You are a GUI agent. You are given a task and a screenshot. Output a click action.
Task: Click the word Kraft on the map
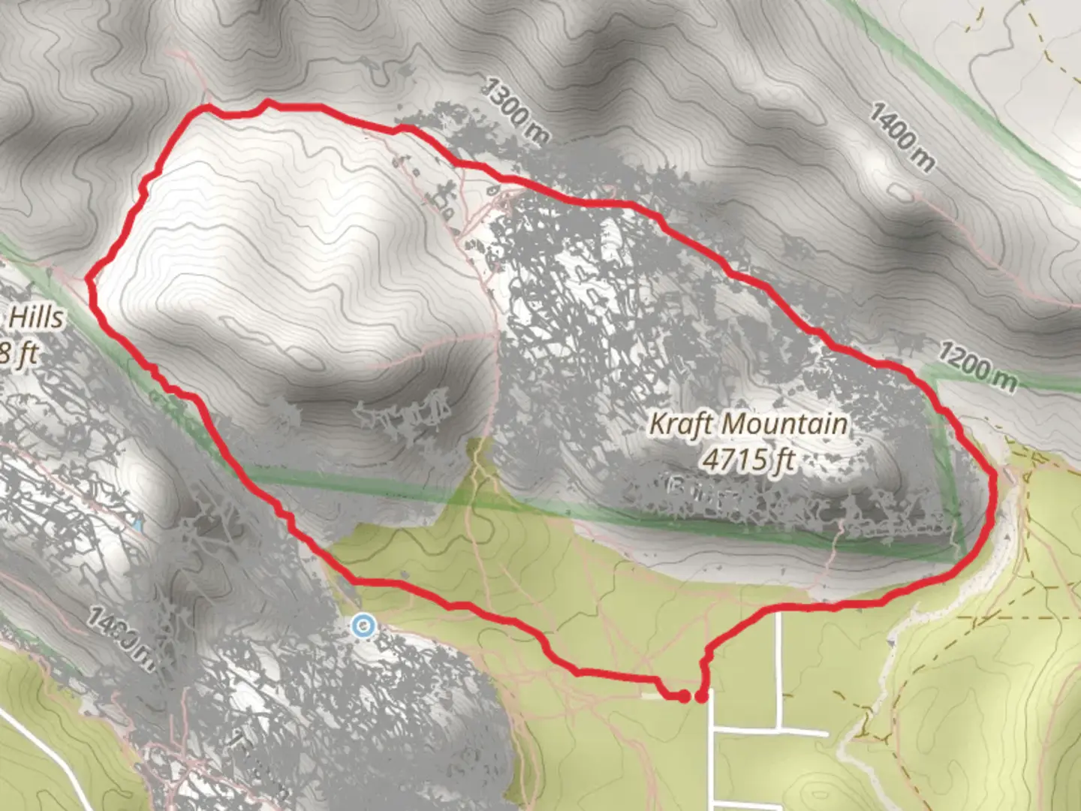click(681, 424)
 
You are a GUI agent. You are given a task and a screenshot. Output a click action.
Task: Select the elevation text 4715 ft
click(748, 459)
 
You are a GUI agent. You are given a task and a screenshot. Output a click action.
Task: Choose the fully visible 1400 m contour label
click(902, 137)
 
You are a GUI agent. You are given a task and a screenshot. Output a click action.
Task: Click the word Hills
click(36, 318)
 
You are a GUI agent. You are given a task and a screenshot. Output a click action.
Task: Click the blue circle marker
click(363, 625)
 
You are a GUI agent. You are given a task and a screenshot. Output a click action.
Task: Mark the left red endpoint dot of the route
click(683, 697)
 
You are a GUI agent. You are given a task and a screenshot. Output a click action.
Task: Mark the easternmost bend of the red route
click(995, 488)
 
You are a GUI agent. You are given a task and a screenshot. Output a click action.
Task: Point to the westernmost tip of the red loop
click(89, 279)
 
